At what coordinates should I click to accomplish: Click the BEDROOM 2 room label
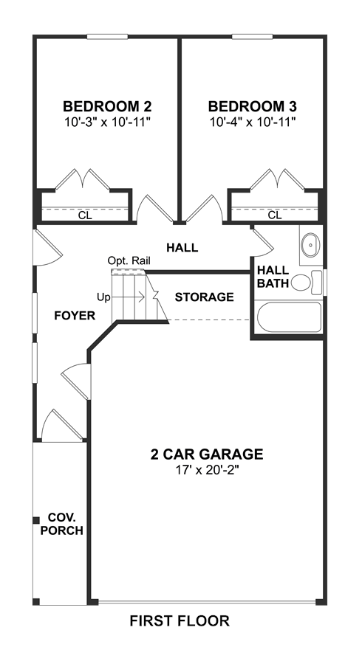pyautogui.click(x=107, y=106)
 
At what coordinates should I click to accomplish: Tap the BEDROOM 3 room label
pyautogui.click(x=252, y=106)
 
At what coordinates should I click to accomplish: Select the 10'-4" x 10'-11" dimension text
pyautogui.click(x=252, y=122)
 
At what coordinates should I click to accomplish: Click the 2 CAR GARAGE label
pyautogui.click(x=206, y=454)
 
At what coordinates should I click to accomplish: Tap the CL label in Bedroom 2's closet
pyautogui.click(x=85, y=215)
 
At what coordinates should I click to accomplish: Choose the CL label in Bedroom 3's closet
pyautogui.click(x=275, y=215)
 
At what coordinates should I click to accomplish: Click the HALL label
pyautogui.click(x=182, y=247)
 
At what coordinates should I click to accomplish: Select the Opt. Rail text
pyautogui.click(x=129, y=260)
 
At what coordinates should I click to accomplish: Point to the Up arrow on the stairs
pyautogui.click(x=128, y=297)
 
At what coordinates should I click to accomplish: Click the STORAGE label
pyautogui.click(x=205, y=297)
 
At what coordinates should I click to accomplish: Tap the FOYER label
pyautogui.click(x=75, y=316)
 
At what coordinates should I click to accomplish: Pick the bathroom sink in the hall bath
pyautogui.click(x=312, y=245)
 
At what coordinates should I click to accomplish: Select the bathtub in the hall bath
pyautogui.click(x=290, y=317)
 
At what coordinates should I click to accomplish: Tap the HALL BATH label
pyautogui.click(x=273, y=277)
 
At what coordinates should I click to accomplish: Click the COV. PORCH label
pyautogui.click(x=62, y=524)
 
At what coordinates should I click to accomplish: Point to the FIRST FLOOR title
pyautogui.click(x=180, y=620)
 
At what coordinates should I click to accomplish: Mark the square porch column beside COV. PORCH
pyautogui.click(x=36, y=520)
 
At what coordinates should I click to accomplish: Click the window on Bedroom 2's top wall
pyautogui.click(x=107, y=37)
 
